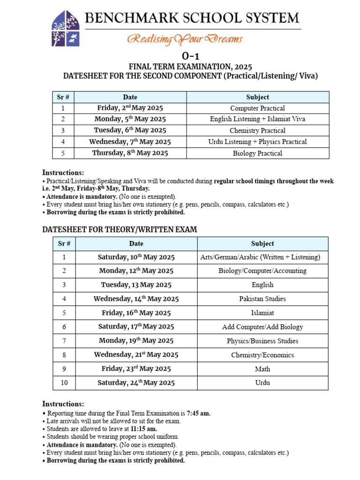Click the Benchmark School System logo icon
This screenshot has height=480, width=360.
pyautogui.click(x=66, y=29)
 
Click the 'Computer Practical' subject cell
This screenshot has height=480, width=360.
pyautogui.click(x=257, y=108)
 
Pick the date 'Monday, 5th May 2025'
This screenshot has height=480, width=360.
pyautogui.click(x=130, y=119)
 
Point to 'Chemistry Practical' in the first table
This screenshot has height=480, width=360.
pyautogui.click(x=257, y=131)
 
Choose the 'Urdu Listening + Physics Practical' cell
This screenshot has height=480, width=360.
pyautogui.click(x=257, y=142)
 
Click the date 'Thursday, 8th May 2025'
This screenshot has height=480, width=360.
pyautogui.click(x=130, y=153)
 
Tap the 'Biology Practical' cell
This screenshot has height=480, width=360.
pyautogui.click(x=257, y=153)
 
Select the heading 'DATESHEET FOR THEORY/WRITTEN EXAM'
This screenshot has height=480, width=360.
pyautogui.click(x=120, y=229)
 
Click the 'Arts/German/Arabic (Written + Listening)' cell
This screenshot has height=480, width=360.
pyautogui.click(x=260, y=257)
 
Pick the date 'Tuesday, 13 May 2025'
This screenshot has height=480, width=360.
pyautogui.click(x=136, y=285)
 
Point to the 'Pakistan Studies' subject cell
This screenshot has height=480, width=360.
pyautogui.click(x=262, y=299)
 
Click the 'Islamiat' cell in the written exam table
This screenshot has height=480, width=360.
pyautogui.click(x=262, y=313)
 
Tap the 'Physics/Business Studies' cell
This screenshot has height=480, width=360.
pyautogui.click(x=262, y=341)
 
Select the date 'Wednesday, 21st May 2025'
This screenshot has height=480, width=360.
pyautogui.click(x=136, y=355)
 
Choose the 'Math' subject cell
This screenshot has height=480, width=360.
pyautogui.click(x=262, y=369)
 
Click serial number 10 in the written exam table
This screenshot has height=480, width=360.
pyautogui.click(x=64, y=383)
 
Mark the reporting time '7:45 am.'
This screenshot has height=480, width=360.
pyautogui.click(x=199, y=413)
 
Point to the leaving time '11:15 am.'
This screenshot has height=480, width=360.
pyautogui.click(x=144, y=428)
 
